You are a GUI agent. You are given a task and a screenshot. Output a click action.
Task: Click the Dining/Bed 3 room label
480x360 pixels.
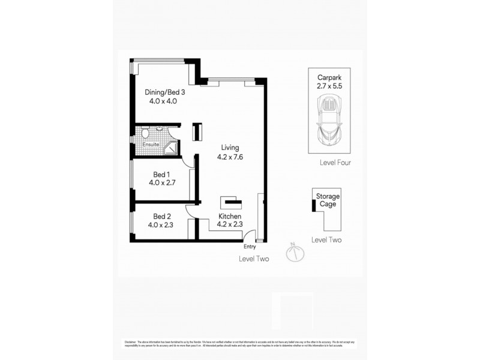[x=164, y=92]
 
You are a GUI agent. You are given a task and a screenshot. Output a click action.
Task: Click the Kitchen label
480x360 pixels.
[x=229, y=216]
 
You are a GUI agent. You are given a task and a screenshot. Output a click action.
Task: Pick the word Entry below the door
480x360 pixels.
[x=250, y=247]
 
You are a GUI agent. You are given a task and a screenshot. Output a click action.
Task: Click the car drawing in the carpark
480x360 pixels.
[x=329, y=120]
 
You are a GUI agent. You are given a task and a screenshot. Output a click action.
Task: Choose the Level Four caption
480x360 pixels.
[x=335, y=163]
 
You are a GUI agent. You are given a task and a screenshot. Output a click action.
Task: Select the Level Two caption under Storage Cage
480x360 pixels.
[x=326, y=239]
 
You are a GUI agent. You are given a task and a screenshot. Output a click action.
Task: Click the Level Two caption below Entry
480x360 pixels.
[x=254, y=259]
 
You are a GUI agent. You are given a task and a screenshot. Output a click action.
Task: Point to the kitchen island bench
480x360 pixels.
[x=230, y=202]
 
